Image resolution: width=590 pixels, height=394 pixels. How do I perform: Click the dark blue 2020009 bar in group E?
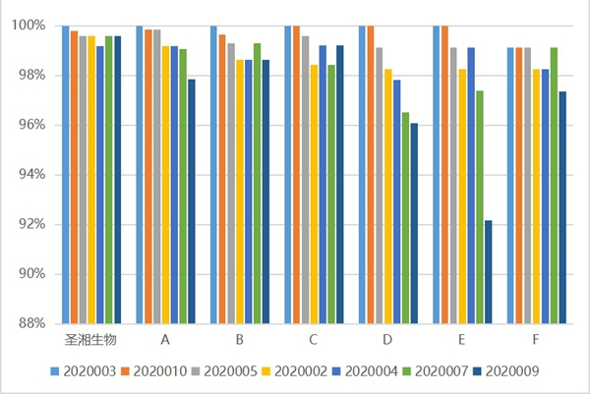tap(488, 272)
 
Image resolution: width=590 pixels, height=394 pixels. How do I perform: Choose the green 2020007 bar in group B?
tap(258, 183)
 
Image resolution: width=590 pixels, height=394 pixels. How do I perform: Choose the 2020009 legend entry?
tap(515, 371)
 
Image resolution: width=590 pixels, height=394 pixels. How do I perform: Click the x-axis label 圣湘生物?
tap(90, 340)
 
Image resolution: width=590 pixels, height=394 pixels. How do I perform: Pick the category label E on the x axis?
tap(461, 340)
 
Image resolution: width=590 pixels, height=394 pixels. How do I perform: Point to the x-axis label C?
tap(313, 340)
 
